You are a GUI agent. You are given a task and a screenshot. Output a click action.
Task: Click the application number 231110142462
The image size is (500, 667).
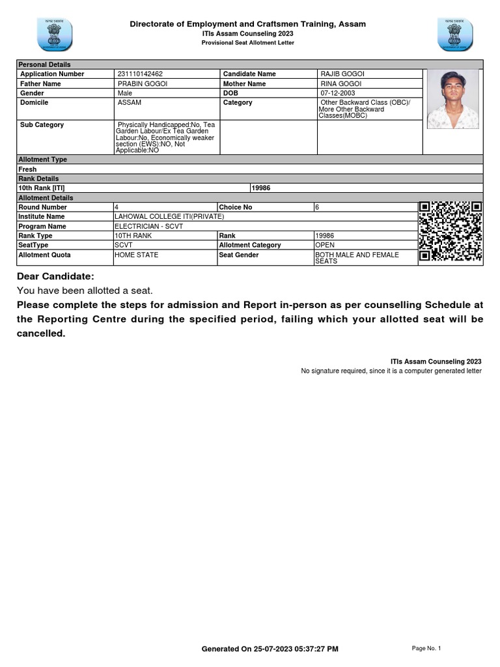[x=140, y=74]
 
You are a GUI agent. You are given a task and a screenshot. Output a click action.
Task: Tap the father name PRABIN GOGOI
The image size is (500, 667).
[x=139, y=84]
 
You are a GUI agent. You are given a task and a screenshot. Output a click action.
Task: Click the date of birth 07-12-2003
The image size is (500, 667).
[x=337, y=93]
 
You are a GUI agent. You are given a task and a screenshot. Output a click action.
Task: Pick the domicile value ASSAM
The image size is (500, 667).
[x=130, y=103]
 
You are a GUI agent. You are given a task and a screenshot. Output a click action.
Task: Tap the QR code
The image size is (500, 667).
[x=451, y=231]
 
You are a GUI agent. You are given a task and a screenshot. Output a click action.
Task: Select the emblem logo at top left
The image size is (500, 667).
[x=55, y=34]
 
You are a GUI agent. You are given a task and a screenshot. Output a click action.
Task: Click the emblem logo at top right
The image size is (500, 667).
[x=455, y=34]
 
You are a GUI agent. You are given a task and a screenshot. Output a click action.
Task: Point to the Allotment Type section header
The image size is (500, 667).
[x=43, y=160]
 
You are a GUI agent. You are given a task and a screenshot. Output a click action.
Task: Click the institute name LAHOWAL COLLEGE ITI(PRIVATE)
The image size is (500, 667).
[x=169, y=216]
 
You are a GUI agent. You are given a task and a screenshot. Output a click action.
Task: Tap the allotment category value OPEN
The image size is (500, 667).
[x=324, y=245]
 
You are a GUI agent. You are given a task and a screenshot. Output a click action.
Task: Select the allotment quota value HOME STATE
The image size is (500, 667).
[x=136, y=255]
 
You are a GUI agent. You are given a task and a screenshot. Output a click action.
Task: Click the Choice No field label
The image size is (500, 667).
[x=235, y=207]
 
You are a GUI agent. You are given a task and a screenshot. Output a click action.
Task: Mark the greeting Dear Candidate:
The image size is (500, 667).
[x=55, y=276]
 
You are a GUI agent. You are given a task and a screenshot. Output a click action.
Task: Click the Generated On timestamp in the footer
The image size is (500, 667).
[x=270, y=649]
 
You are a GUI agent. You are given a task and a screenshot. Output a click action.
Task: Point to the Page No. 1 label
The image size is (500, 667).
[x=426, y=648]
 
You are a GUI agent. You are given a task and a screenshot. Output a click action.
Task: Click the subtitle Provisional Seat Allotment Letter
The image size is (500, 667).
[x=248, y=43]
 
